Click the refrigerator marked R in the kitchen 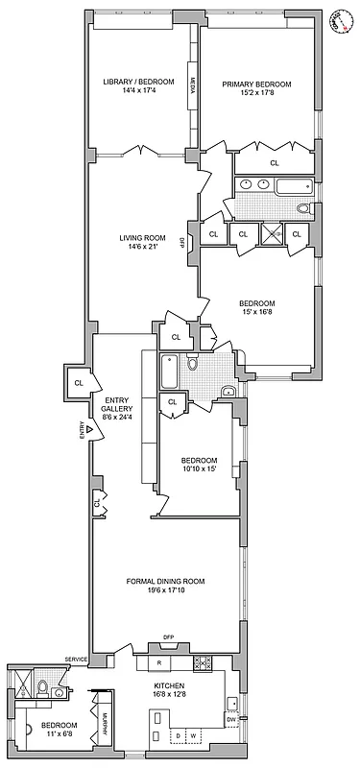point(159,662)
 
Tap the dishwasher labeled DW point(231,719)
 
